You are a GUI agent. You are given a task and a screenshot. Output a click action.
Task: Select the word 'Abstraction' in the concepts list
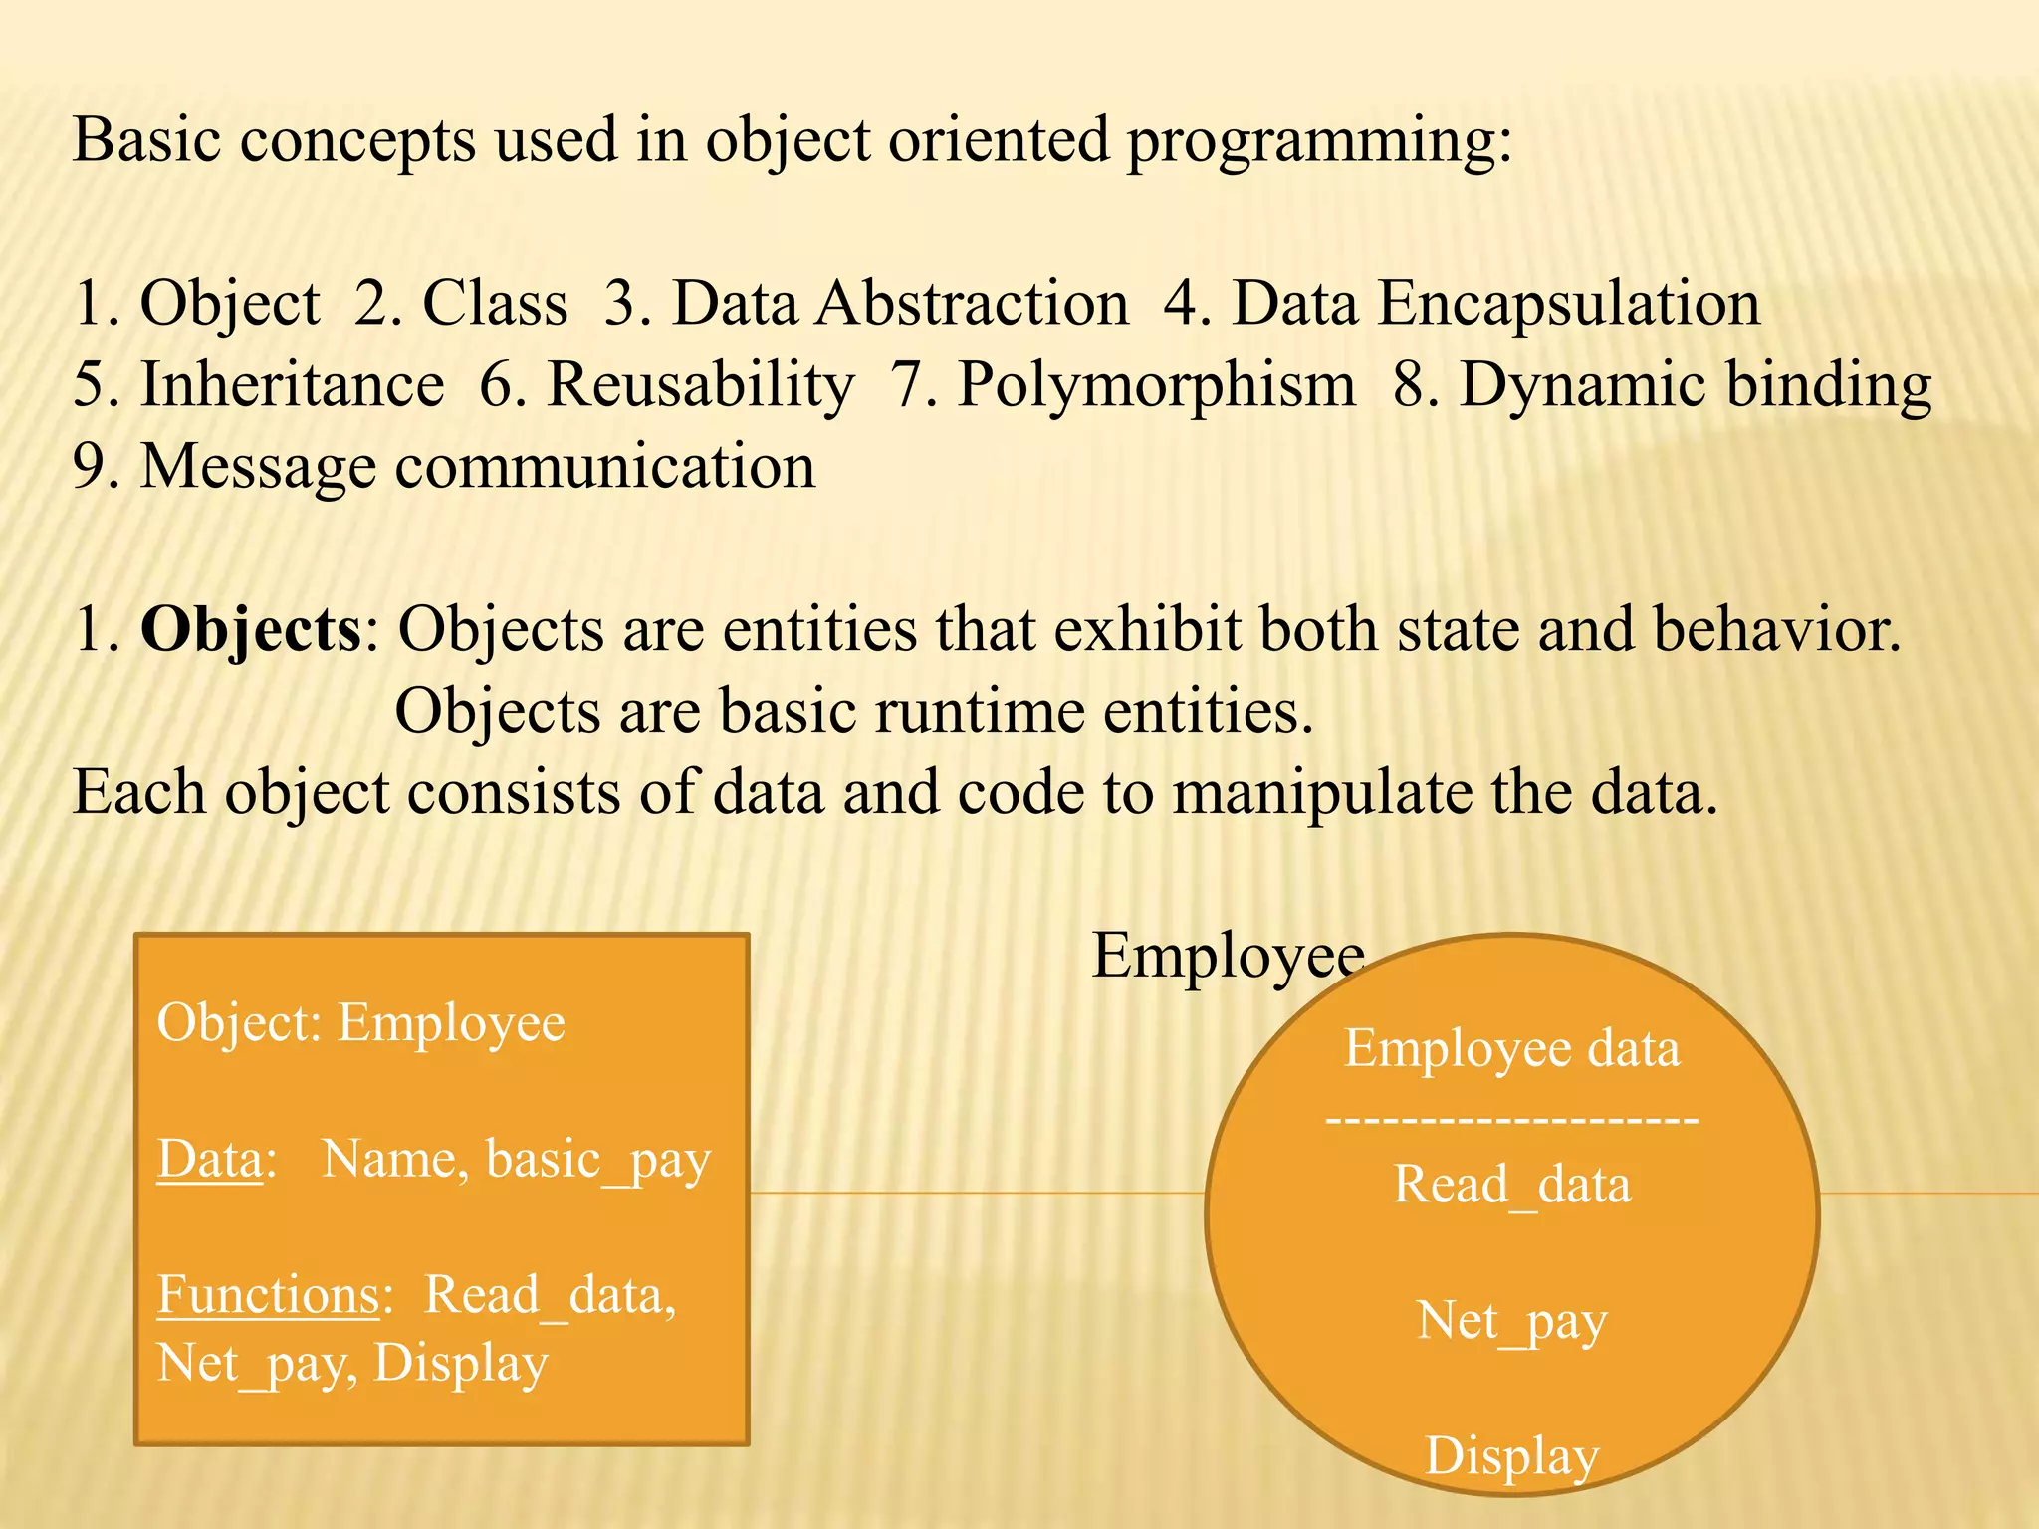coord(972,303)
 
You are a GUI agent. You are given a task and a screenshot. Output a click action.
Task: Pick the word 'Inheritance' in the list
coord(292,384)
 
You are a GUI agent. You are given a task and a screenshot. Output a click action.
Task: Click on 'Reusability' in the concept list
coord(700,386)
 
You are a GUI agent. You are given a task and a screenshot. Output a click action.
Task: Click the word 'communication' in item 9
coord(605,466)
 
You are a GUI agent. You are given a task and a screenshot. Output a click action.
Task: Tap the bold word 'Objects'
coord(251,631)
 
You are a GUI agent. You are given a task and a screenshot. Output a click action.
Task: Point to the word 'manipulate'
coord(1321,793)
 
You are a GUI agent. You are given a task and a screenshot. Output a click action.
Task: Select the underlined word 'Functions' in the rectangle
coord(269,1295)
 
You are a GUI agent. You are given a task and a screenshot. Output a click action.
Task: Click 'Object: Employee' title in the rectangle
coord(360,1023)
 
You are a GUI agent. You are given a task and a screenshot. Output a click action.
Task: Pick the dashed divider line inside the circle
coord(1511,1120)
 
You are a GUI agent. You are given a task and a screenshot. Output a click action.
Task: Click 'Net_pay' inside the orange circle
coord(1511,1322)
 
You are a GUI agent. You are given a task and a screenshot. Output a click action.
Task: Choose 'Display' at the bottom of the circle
coord(1511,1456)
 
